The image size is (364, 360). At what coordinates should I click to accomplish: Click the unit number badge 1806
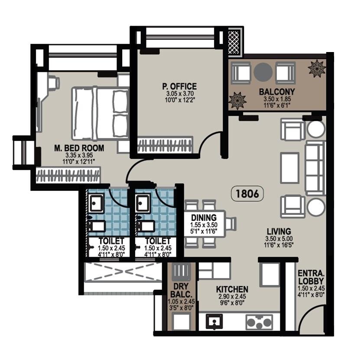pyautogui.click(x=248, y=193)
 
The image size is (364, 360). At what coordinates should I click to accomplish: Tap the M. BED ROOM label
pyautogui.click(x=79, y=148)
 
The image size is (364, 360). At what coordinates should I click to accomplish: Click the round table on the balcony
pyautogui.click(x=262, y=72)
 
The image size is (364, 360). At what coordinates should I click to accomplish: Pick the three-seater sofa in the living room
pyautogui.click(x=315, y=167)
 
